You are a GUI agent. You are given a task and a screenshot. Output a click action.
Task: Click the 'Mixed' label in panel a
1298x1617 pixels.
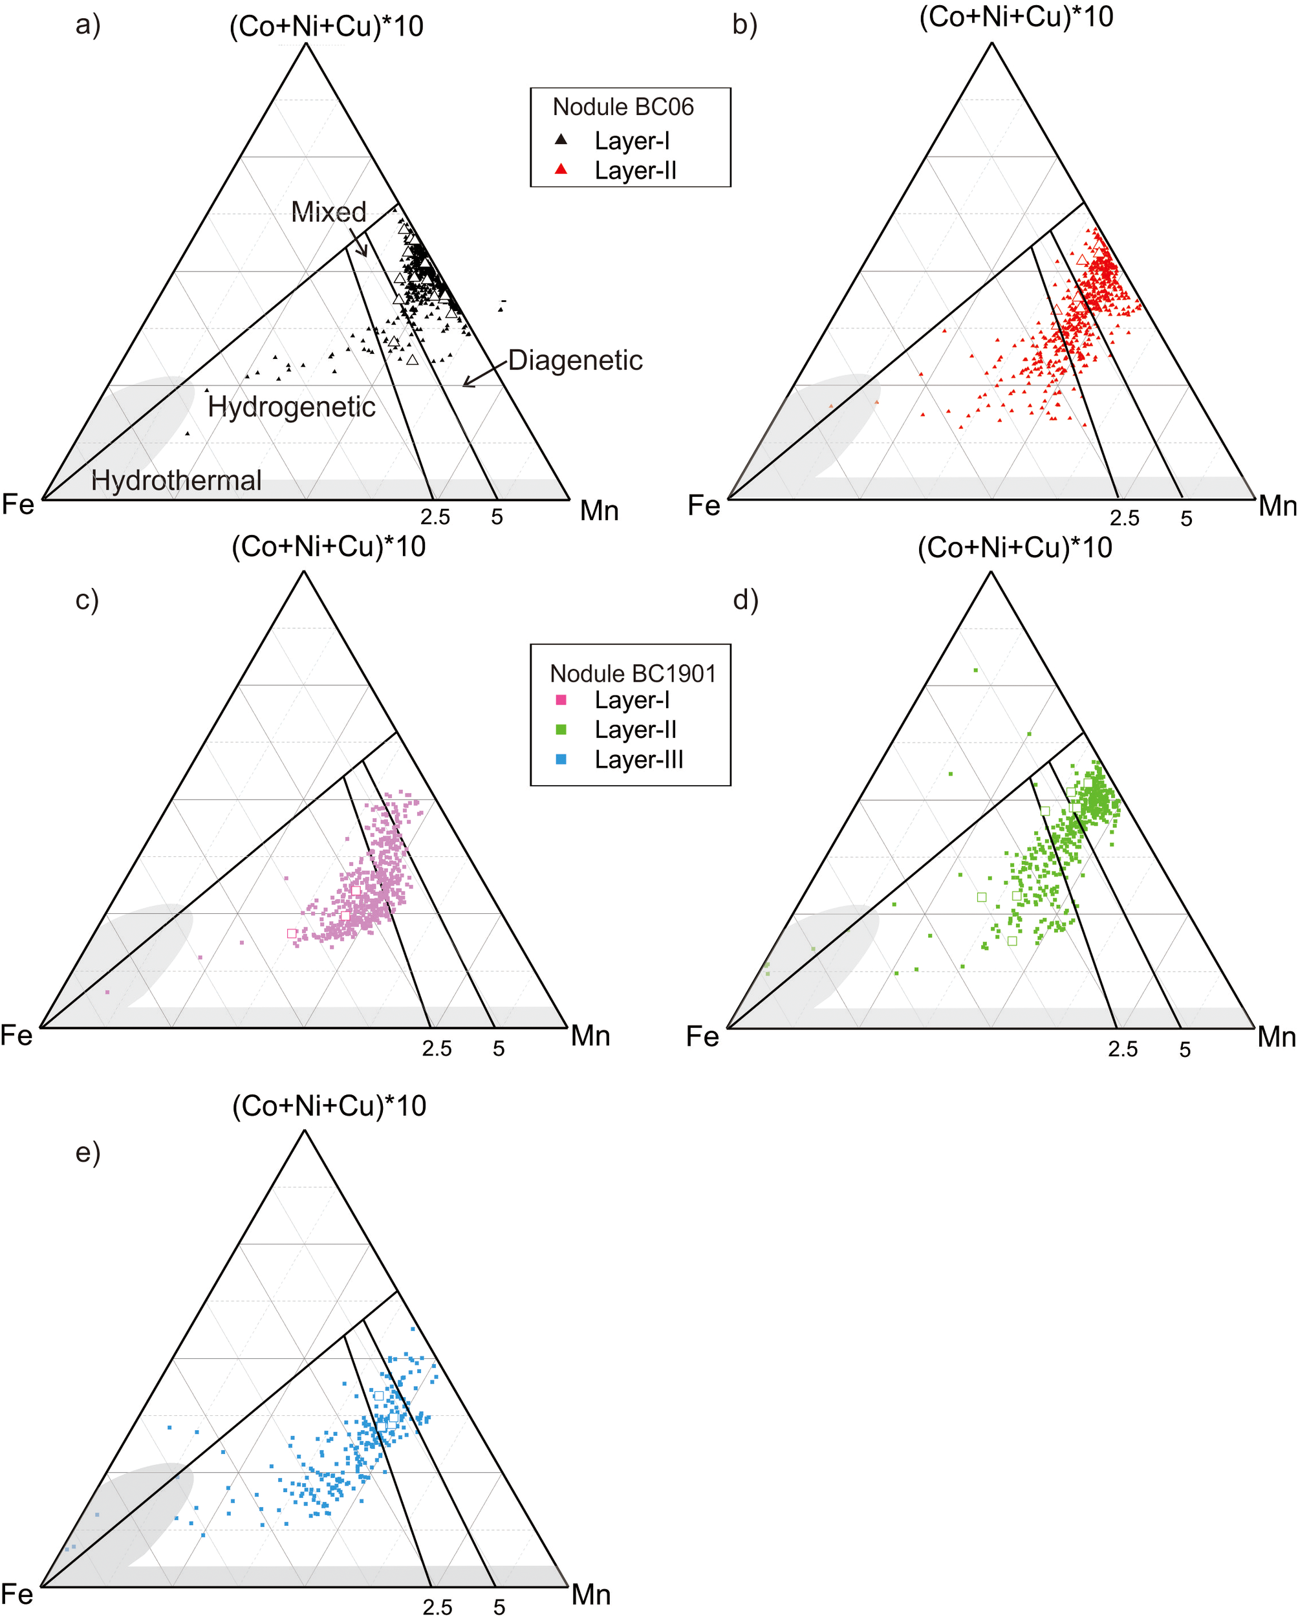coord(329,212)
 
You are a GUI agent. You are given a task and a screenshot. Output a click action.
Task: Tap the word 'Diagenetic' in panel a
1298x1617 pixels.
coord(575,361)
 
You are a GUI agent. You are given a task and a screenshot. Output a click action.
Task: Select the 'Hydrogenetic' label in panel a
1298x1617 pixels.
coord(291,407)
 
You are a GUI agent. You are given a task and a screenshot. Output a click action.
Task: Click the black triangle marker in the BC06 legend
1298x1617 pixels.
coord(561,140)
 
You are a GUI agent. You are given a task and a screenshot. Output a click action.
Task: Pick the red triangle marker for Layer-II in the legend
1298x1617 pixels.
coord(561,170)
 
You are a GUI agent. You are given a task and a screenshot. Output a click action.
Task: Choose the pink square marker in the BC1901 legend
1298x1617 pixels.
coord(561,700)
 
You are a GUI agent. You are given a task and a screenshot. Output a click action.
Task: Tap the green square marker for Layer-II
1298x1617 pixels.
coord(561,730)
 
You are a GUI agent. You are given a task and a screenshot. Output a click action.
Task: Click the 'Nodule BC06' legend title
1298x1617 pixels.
coord(622,107)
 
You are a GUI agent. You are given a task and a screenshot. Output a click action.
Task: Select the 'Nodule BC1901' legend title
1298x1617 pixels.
coord(632,673)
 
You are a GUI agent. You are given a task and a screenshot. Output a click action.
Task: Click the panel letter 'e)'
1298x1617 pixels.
coord(88,1152)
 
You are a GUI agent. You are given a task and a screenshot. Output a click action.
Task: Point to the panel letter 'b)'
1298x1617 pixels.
coord(744,25)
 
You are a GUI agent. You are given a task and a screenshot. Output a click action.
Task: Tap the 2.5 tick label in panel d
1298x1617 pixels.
coord(1123,1049)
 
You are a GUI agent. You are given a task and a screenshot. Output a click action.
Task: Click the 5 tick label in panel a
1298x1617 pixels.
coord(497,517)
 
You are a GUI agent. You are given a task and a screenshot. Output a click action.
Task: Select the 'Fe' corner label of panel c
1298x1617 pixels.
coord(17,1036)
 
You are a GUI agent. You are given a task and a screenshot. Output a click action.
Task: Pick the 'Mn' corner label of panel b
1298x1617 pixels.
coord(1277,506)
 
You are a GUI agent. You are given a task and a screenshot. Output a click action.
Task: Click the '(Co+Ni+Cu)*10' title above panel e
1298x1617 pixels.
coord(329,1106)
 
